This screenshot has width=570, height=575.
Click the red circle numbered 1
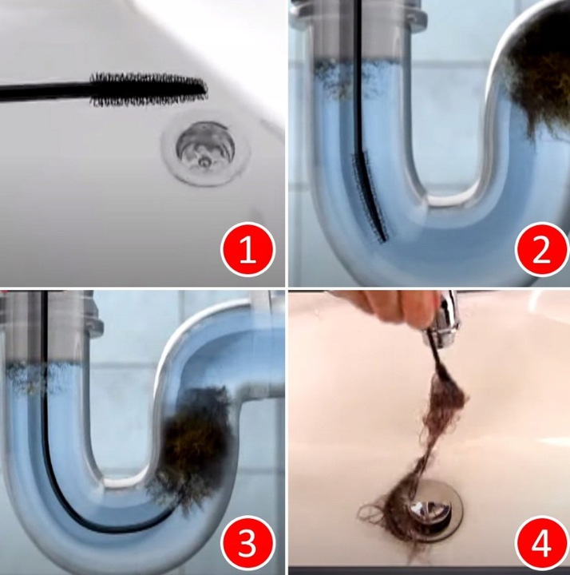pos(247,249)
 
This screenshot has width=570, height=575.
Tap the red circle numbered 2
pos(541,249)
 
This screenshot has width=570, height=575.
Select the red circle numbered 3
pos(247,543)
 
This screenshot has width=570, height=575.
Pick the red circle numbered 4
pos(541,543)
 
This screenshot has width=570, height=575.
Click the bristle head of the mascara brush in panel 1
pos(148,89)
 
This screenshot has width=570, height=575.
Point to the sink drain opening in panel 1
pos(205,146)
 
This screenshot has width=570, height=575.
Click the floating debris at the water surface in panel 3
pos(35,378)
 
